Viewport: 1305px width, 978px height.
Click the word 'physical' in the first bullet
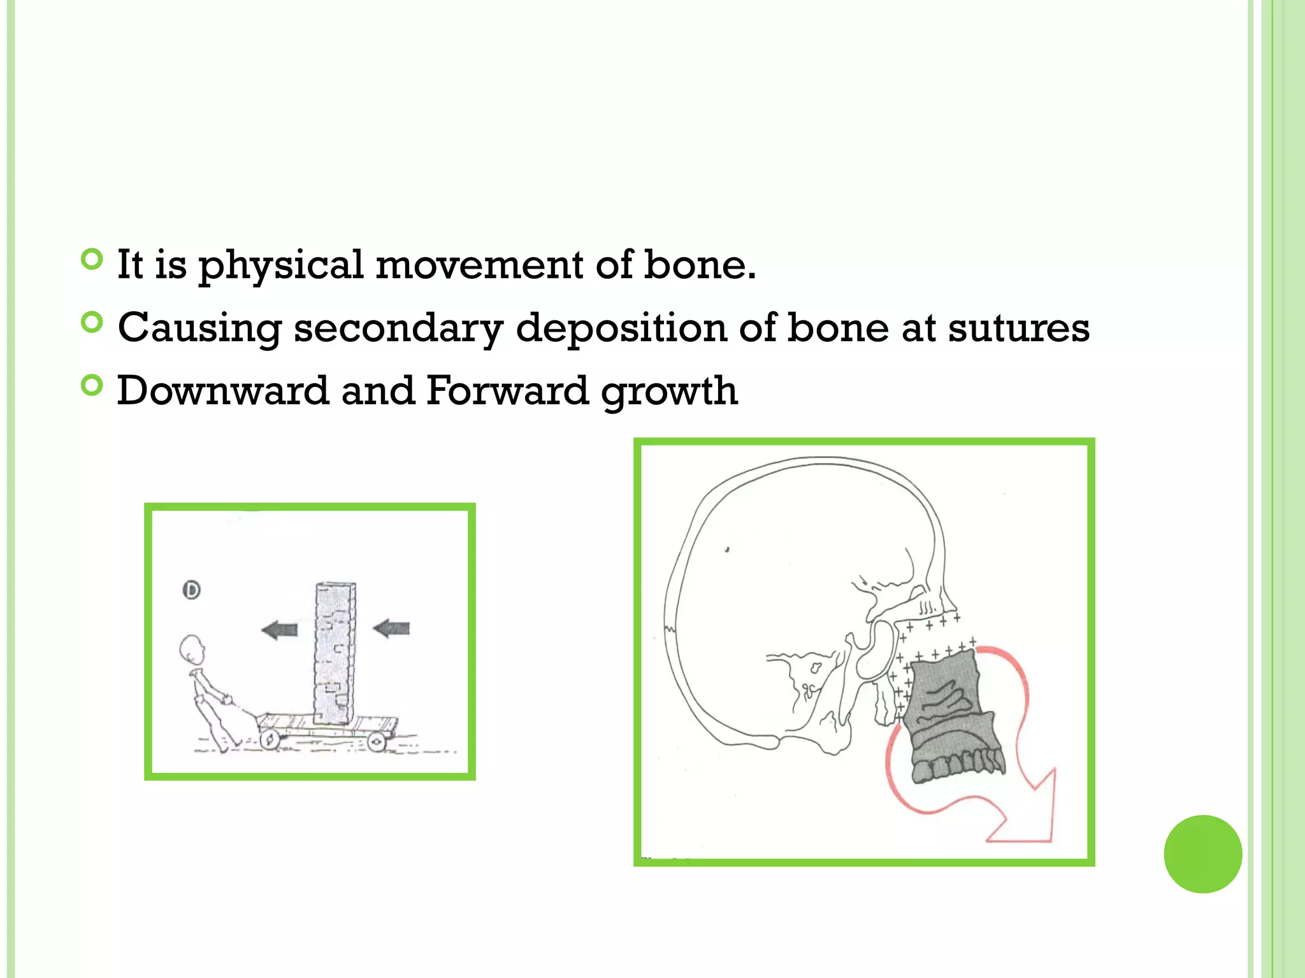point(280,265)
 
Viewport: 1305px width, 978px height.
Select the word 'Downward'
point(223,390)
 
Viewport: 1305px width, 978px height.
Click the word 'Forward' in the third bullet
point(507,390)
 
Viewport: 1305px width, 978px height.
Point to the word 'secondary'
point(398,329)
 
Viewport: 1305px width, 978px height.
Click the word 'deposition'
point(621,329)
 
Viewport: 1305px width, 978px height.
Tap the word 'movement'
point(479,265)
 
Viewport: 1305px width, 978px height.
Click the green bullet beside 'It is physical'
point(92,259)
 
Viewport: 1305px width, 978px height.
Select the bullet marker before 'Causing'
point(92,322)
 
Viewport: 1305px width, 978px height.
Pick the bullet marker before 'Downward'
point(92,385)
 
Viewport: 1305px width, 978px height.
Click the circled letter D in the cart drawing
point(192,590)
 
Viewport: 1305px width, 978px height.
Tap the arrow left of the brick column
point(280,630)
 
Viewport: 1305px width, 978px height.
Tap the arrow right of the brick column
point(391,629)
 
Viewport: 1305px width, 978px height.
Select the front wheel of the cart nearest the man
point(270,739)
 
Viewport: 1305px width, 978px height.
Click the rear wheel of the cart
point(376,741)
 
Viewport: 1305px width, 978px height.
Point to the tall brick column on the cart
point(335,653)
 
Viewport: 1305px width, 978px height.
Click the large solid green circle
point(1202,854)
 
